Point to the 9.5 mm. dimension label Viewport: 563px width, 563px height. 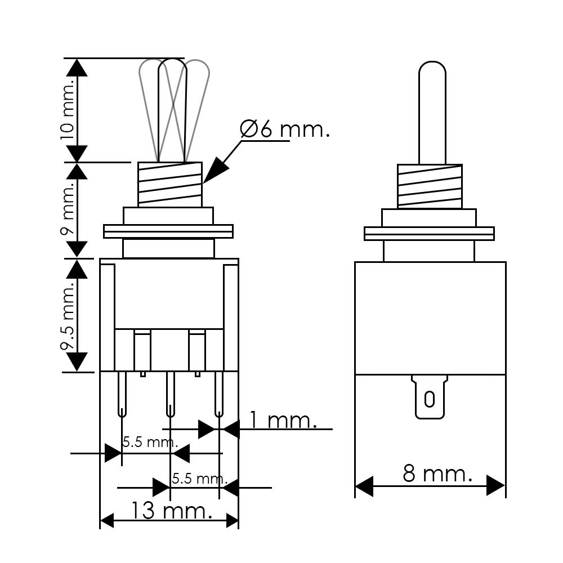67,314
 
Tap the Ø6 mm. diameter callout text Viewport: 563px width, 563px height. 284,129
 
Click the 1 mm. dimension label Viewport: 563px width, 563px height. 283,419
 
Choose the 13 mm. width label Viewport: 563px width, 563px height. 171,510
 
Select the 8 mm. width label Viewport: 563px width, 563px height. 437,473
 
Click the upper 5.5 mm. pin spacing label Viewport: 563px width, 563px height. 150,442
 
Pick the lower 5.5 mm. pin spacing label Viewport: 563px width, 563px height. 199,478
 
